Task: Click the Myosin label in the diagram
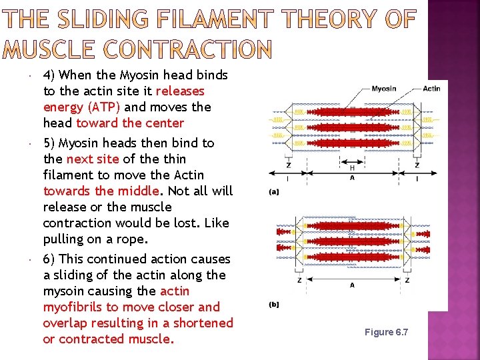tap(383, 89)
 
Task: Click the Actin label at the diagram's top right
tap(431, 89)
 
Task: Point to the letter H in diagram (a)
tap(351, 168)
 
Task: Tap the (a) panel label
tap(274, 191)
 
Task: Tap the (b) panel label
tap(274, 305)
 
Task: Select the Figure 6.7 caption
tap(386, 332)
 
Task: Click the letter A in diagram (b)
tap(351, 285)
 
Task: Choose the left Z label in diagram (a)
tap(287, 165)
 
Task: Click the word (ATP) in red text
tap(101, 107)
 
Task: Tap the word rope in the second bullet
tap(134, 239)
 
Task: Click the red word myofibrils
tap(73, 307)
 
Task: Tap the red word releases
tap(180, 91)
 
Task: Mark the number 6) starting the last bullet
tap(51, 259)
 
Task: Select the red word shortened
tap(202, 323)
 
